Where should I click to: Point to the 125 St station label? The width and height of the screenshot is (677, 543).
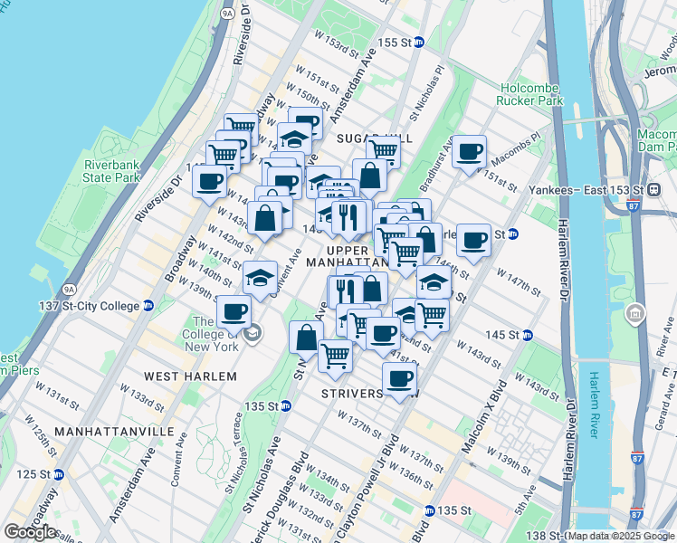click(x=37, y=474)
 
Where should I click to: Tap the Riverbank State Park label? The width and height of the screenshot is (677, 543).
click(x=111, y=172)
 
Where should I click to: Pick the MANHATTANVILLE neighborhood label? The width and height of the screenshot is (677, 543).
click(x=113, y=433)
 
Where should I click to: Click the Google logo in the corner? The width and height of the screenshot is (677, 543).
click(x=30, y=532)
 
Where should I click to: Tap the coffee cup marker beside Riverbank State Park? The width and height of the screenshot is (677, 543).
click(x=209, y=180)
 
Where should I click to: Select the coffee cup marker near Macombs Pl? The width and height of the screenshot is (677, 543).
click(x=469, y=151)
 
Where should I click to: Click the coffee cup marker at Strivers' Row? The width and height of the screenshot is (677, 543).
click(x=399, y=377)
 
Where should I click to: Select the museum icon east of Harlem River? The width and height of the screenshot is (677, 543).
click(x=634, y=315)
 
